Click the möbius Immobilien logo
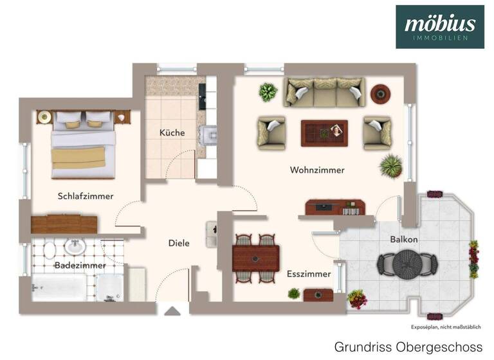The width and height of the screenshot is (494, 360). point(440,27)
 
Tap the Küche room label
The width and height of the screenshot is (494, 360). point(172,133)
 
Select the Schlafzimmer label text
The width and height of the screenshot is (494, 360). point(86,196)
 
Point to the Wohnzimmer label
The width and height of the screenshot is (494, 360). point(317,170)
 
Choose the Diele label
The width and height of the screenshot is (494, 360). point(179,244)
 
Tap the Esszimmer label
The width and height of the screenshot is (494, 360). point(309,274)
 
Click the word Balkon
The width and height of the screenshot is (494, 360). point(404,239)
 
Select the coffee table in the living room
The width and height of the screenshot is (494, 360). point(324,133)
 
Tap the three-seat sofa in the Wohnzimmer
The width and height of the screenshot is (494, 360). point(324,93)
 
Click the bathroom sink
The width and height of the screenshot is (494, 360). point(75,247)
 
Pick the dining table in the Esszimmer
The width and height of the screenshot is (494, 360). point(256,258)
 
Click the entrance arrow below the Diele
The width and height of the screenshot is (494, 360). point(172,311)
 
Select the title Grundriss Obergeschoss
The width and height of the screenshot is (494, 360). point(408,346)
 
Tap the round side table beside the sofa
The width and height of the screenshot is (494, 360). point(380,94)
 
